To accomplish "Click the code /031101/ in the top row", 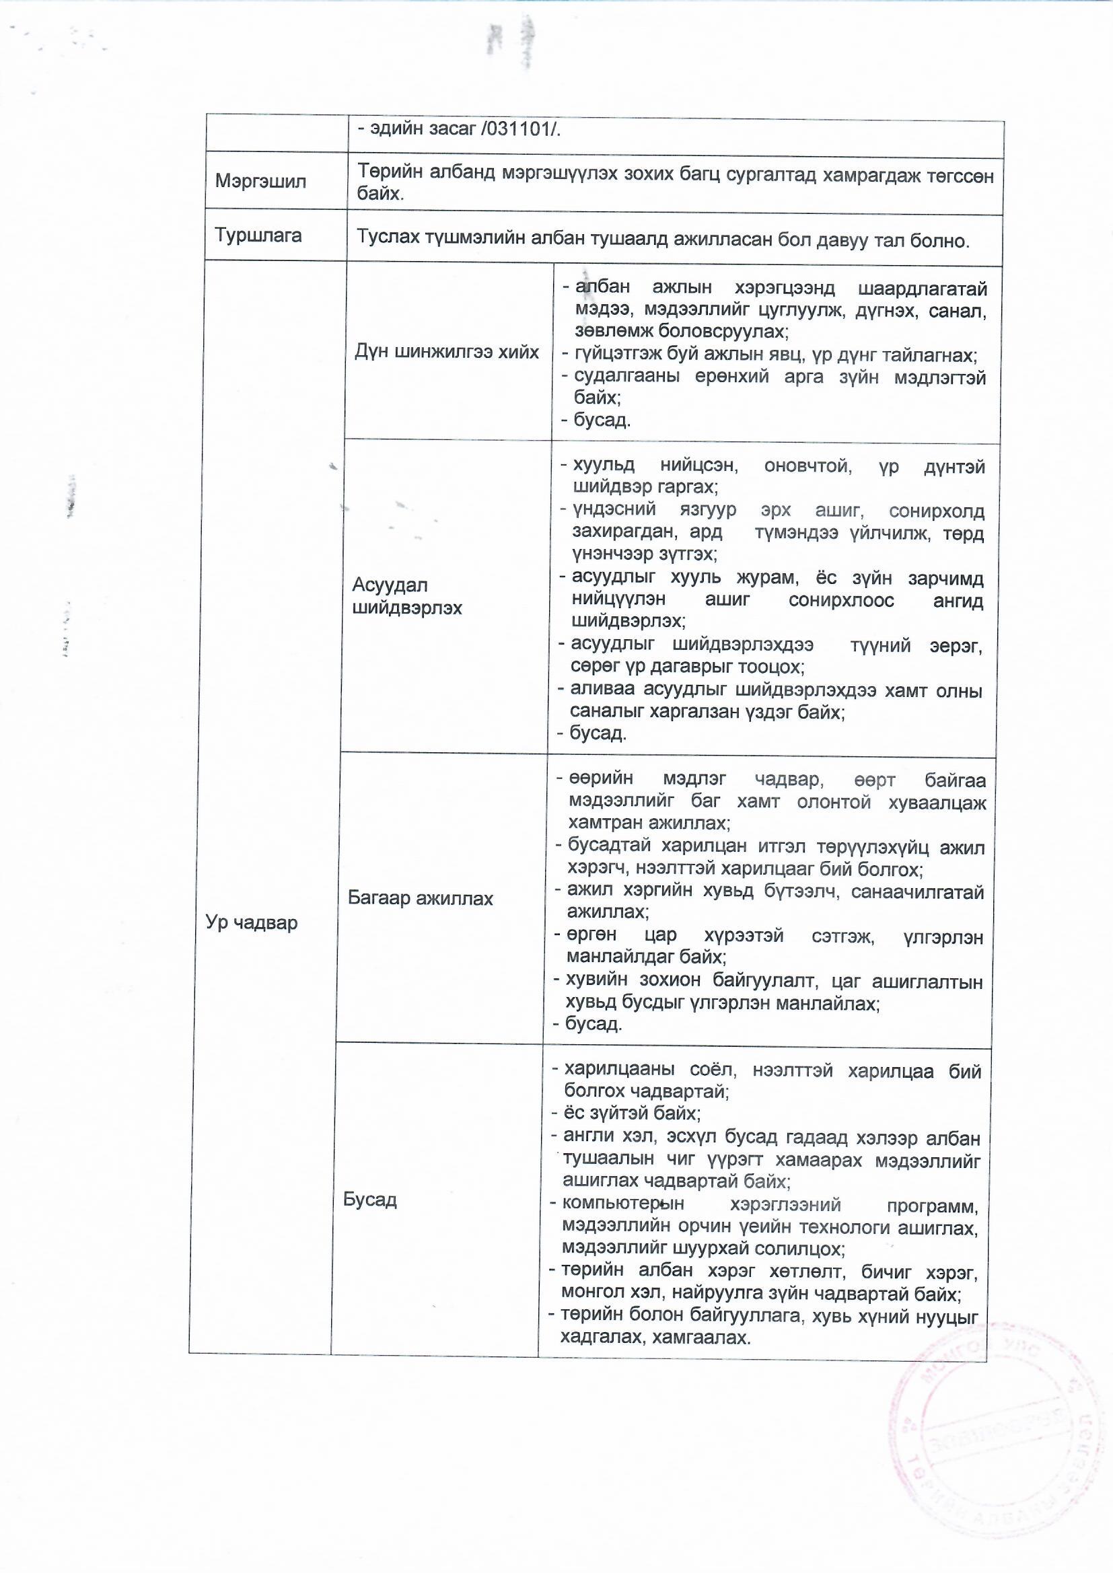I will (521, 129).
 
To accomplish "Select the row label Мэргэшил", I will (260, 181).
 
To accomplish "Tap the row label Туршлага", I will (258, 235).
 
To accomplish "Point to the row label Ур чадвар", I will (252, 922).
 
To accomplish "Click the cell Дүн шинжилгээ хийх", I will (447, 352).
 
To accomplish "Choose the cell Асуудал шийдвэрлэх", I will (407, 596).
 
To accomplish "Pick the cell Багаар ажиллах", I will (420, 898).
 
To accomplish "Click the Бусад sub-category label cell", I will (370, 1200).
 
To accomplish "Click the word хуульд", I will (604, 466).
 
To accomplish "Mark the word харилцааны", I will (620, 1070).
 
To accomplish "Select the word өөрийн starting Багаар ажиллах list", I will (601, 779).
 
